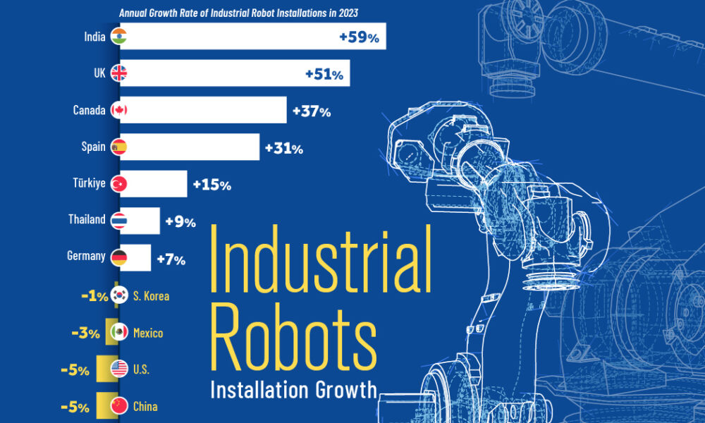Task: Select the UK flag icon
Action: (x=118, y=73)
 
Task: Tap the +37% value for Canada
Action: (x=309, y=111)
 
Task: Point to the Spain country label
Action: (x=93, y=147)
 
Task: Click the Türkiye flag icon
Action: (x=118, y=184)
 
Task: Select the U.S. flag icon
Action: (x=118, y=369)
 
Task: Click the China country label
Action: (x=145, y=406)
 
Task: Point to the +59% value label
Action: (x=359, y=38)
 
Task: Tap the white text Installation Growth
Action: (x=293, y=390)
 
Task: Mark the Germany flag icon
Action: (x=118, y=257)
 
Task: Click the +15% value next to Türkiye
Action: (x=211, y=185)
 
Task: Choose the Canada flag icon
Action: (x=118, y=110)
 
